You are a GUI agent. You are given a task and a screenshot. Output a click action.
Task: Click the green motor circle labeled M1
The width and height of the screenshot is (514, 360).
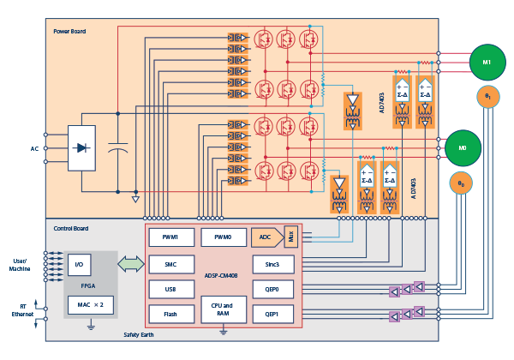tap(486, 63)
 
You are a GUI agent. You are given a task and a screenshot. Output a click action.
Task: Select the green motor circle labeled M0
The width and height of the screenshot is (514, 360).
tap(463, 147)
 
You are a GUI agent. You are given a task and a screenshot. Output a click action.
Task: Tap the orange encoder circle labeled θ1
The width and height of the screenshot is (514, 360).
tap(488, 98)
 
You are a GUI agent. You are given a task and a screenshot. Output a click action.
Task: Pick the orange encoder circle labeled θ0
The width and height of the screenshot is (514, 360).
tap(462, 183)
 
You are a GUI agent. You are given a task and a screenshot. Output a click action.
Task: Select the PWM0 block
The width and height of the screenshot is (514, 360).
tap(222, 236)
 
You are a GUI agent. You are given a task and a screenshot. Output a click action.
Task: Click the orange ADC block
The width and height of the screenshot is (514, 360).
tap(266, 236)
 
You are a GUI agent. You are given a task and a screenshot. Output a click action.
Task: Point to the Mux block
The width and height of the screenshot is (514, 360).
tap(290, 236)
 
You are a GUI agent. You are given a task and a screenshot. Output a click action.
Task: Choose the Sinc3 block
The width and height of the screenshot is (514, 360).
tap(273, 265)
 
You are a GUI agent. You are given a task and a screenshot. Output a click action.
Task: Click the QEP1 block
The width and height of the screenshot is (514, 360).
tap(273, 315)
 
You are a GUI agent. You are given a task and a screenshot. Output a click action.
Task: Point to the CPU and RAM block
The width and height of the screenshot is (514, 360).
tap(222, 309)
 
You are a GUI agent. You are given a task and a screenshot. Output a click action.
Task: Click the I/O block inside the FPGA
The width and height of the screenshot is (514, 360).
tap(80, 265)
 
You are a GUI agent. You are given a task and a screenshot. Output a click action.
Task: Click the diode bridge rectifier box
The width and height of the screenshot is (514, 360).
tap(81, 148)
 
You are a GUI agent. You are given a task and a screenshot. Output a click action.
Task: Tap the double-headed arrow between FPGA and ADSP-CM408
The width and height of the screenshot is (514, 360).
tap(131, 264)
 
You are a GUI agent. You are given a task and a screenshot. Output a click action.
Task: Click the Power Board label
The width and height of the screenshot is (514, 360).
tap(69, 32)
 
